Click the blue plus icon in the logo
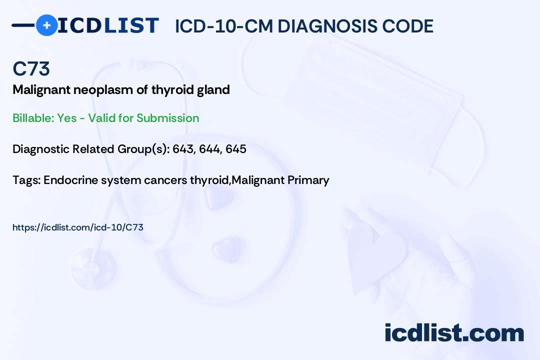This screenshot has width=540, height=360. point(46,25)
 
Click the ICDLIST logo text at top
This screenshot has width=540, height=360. point(108,25)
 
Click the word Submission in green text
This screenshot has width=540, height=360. point(168,118)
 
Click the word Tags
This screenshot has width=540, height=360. point(25,180)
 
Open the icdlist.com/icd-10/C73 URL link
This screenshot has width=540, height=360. point(77,227)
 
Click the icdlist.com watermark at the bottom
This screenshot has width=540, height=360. point(454,333)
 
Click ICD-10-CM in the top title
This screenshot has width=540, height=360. point(223,26)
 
